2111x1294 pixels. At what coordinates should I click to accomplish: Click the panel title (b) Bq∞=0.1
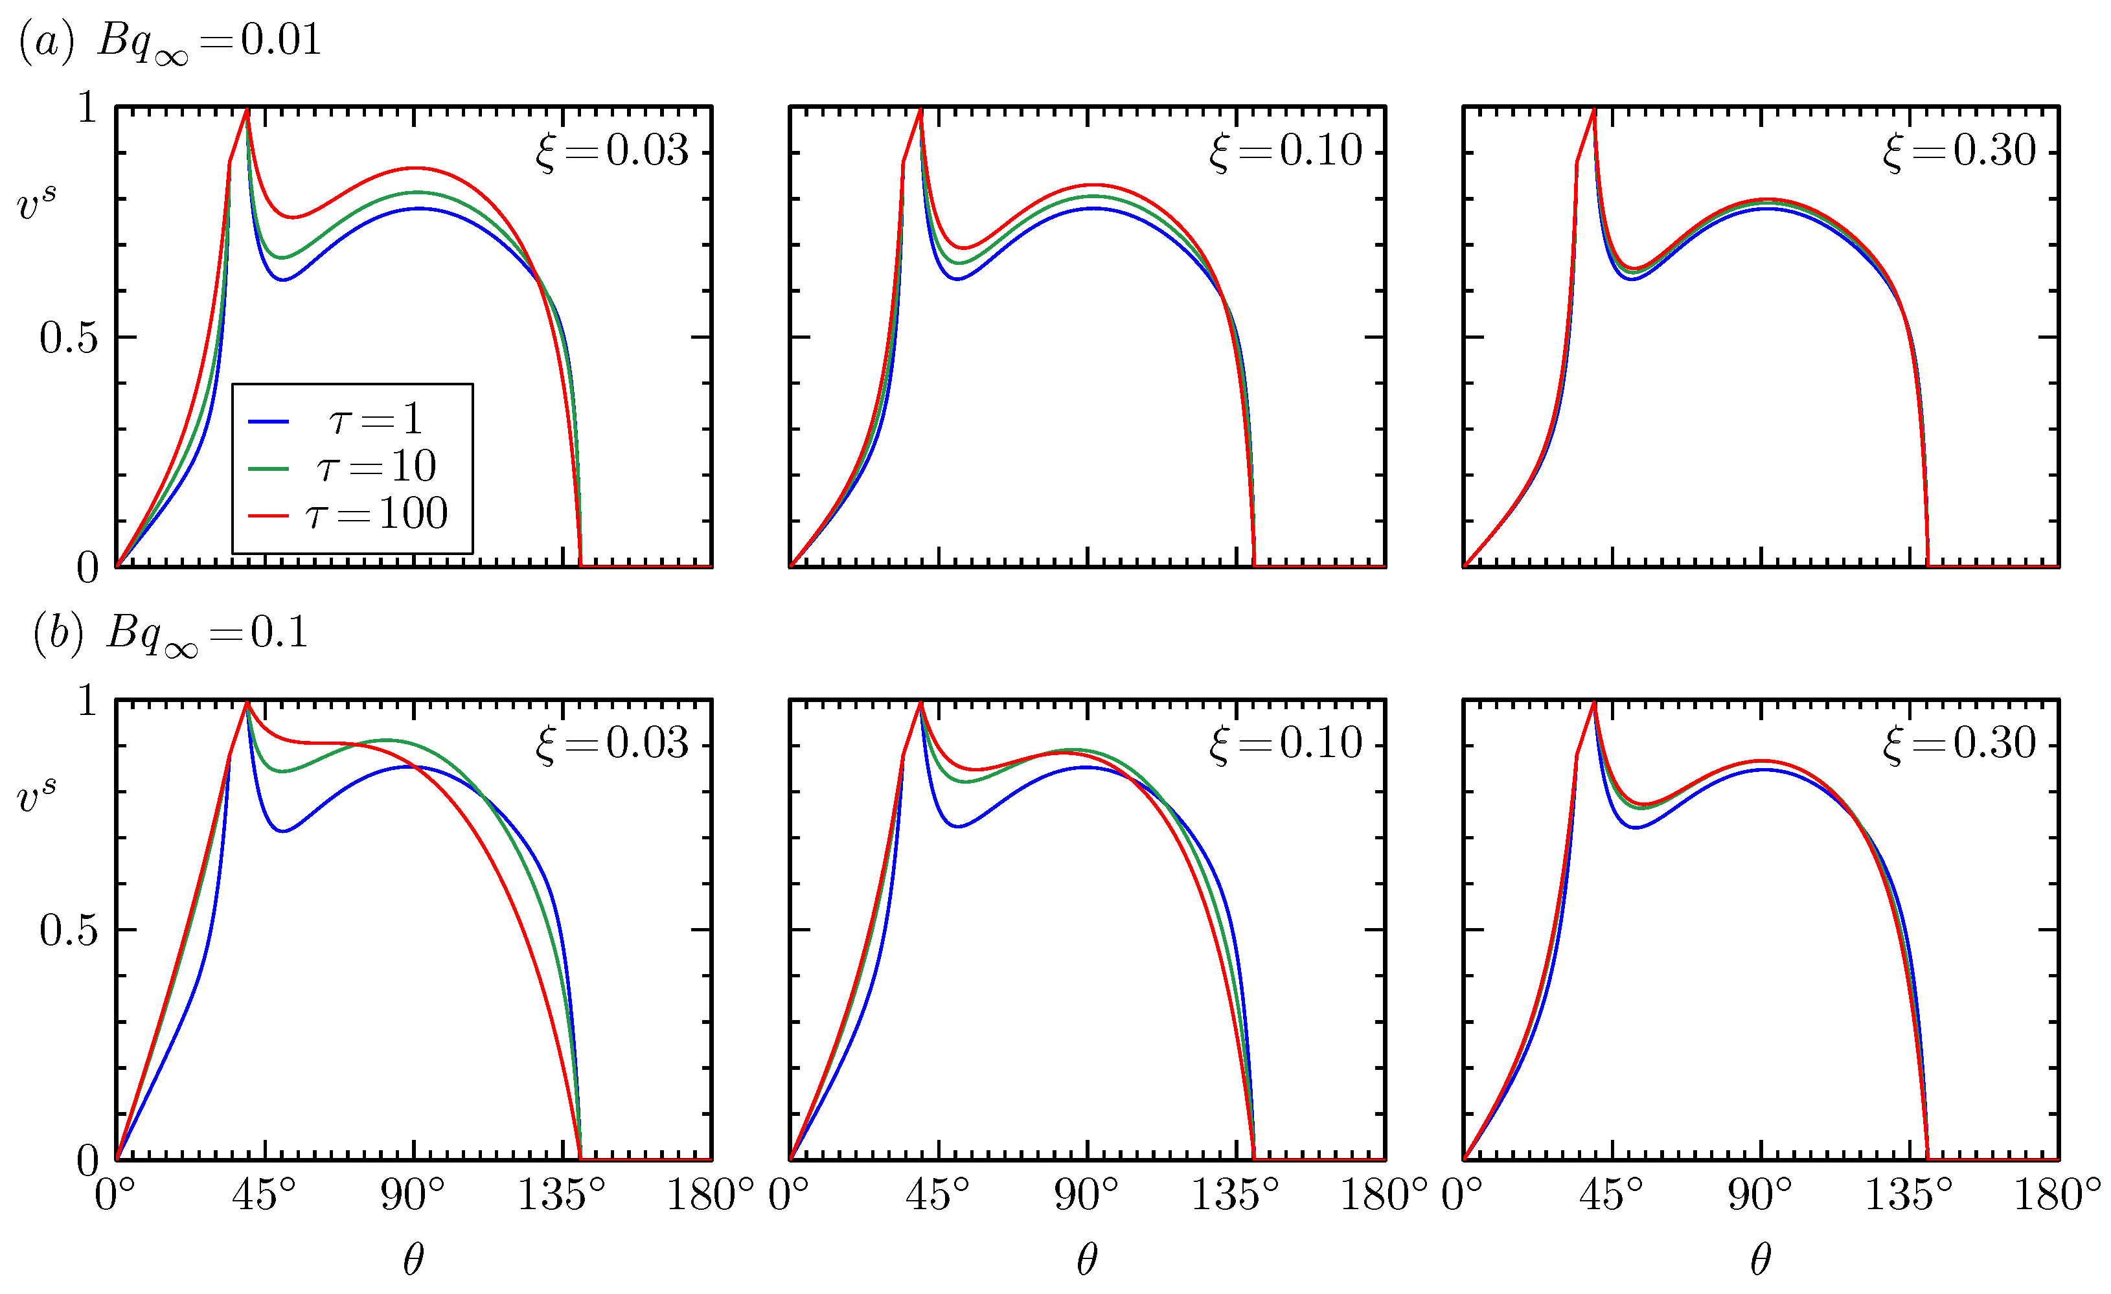point(170,635)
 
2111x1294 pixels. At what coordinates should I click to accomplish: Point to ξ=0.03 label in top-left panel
point(611,151)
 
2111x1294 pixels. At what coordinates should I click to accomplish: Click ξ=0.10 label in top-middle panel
point(1285,151)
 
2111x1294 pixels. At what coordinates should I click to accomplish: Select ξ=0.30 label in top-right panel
point(1959,151)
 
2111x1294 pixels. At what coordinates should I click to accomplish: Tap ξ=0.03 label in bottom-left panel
point(611,743)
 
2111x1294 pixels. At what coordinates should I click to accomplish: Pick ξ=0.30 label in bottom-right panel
point(1959,743)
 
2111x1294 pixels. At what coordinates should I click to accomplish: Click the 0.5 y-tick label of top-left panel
point(69,338)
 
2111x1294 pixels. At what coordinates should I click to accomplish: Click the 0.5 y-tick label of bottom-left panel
point(69,931)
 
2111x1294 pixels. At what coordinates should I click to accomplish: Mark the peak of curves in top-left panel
point(247,109)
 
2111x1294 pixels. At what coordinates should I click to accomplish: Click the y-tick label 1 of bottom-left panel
point(87,701)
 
